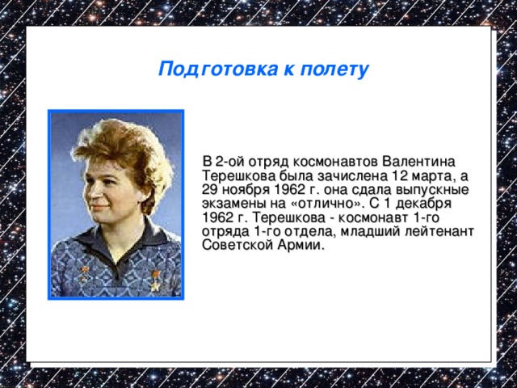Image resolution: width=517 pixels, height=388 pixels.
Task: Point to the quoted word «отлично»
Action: pyautogui.click(x=325, y=203)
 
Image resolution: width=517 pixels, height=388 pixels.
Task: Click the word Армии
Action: pyautogui.click(x=302, y=246)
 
